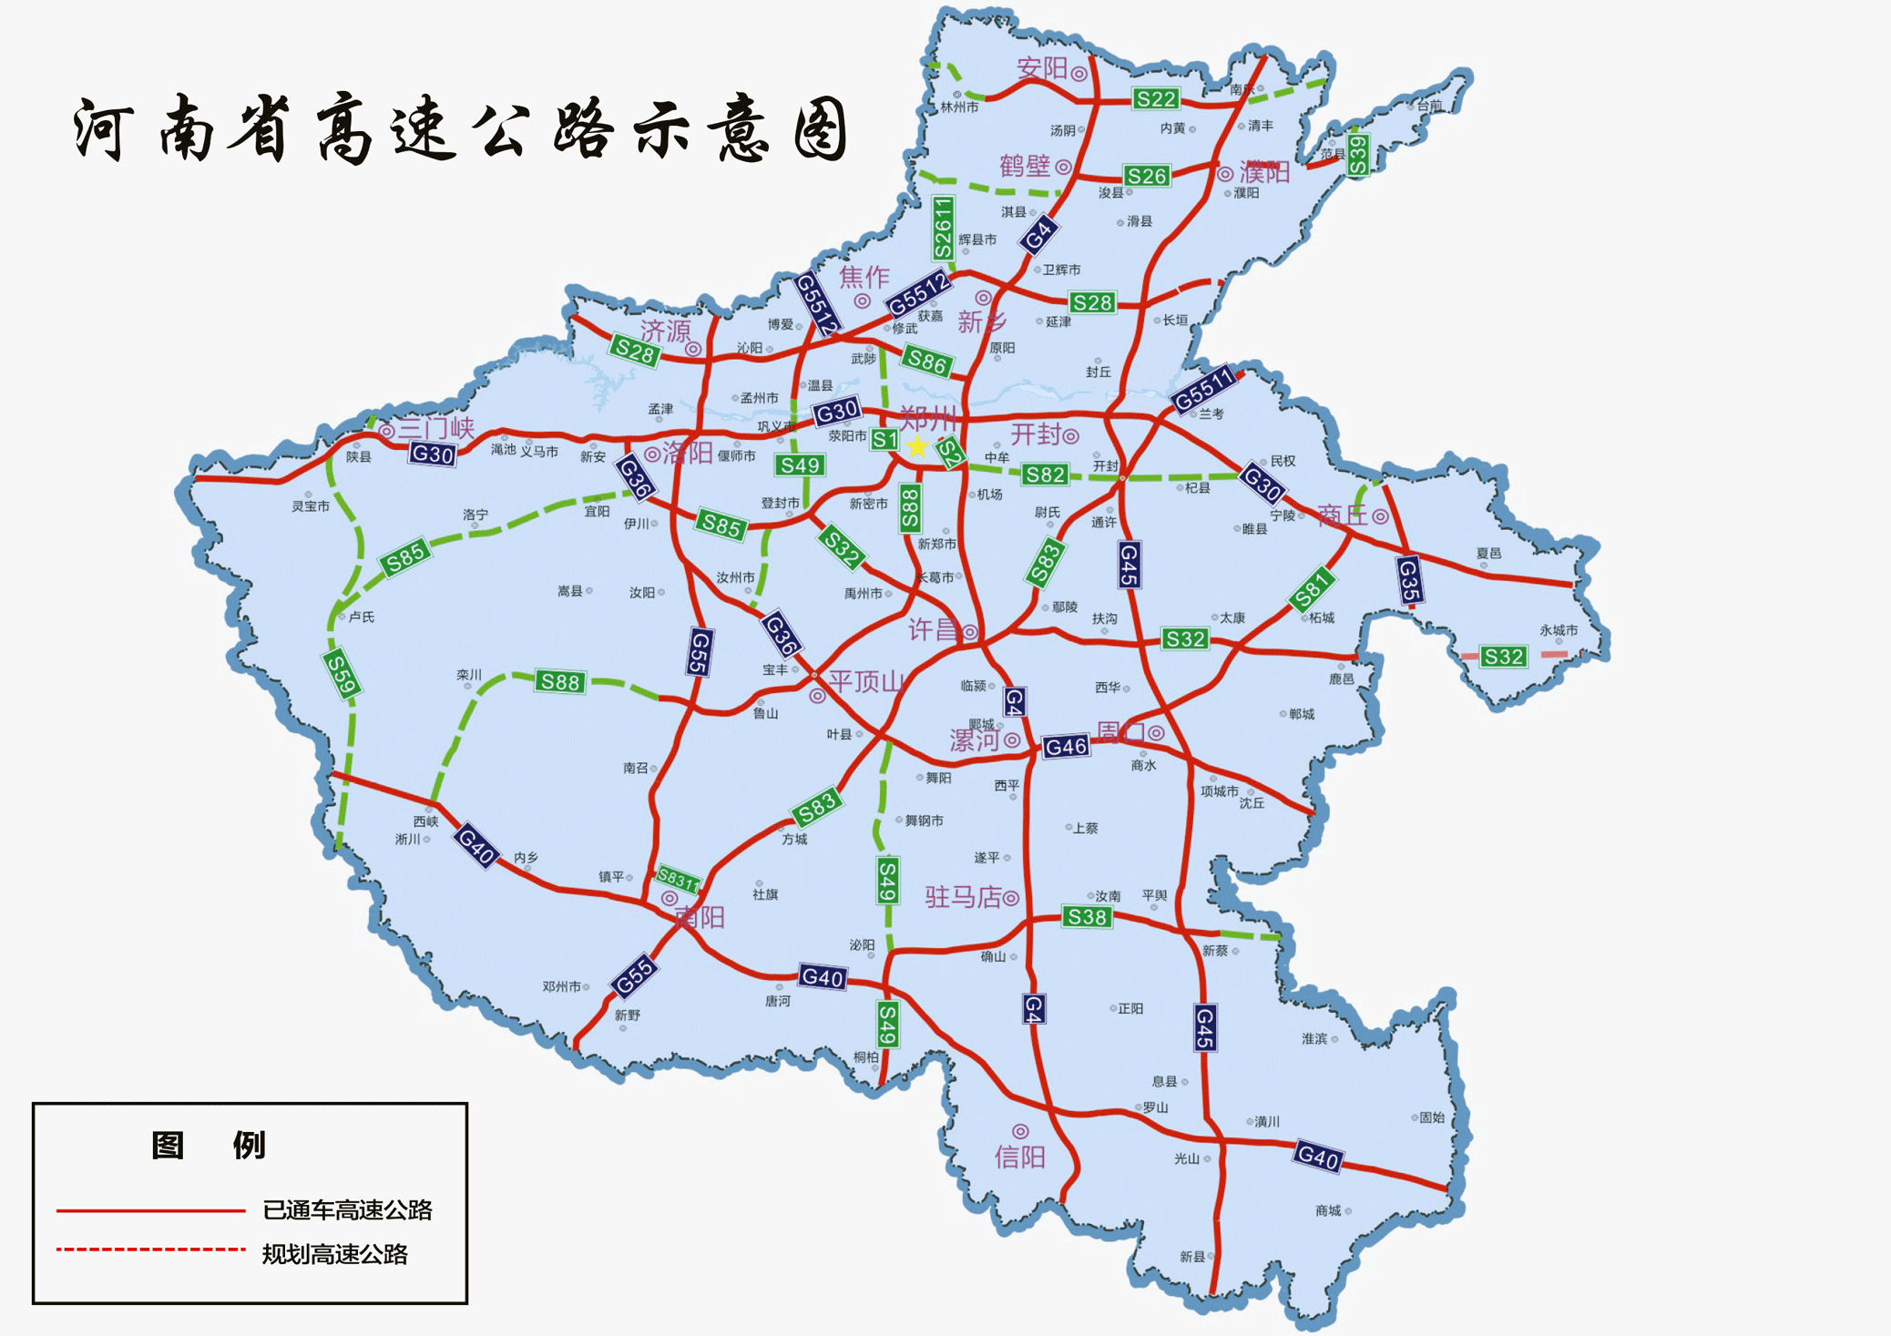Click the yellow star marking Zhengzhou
[x=916, y=446]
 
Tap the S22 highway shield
[x=1156, y=98]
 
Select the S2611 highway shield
[x=944, y=228]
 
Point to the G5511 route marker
[x=1204, y=390]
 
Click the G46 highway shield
[x=1066, y=747]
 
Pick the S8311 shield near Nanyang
[x=679, y=879]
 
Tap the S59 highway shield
[x=342, y=675]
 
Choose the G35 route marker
[x=1409, y=580]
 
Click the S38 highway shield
[x=1087, y=916]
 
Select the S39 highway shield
[x=1357, y=156]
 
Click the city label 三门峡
[x=436, y=428]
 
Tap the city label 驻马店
[x=963, y=897]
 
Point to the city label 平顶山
[x=865, y=681]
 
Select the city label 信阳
[x=1019, y=1157]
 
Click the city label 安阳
[x=1042, y=67]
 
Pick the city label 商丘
[x=1343, y=515]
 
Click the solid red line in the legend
[x=151, y=1210]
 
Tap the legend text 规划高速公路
[x=334, y=1254]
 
